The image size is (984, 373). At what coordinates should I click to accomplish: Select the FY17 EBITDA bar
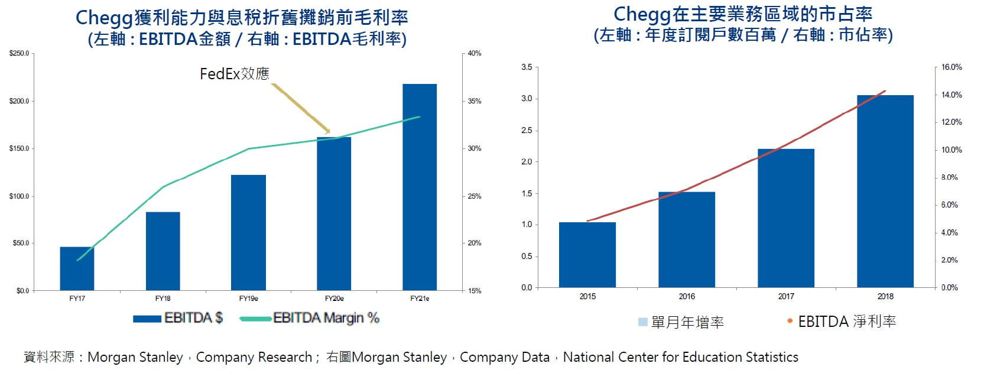tap(77, 268)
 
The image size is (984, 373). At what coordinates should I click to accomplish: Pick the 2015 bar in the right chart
tap(587, 255)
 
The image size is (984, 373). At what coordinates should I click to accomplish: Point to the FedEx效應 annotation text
tap(235, 74)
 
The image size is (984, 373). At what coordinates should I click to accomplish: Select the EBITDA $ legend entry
tap(178, 318)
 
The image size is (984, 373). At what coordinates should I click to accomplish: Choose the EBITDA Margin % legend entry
tap(310, 318)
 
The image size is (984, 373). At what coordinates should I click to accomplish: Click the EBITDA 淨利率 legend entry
tap(842, 322)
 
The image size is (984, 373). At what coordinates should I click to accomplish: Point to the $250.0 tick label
tap(19, 54)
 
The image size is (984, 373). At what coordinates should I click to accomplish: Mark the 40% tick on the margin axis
tap(475, 54)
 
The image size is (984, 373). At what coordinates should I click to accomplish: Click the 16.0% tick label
tap(951, 67)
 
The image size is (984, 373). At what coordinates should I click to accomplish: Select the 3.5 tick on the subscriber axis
tap(527, 67)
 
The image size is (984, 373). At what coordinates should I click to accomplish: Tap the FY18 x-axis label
tap(163, 299)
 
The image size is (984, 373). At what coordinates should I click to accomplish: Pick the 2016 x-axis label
tap(687, 296)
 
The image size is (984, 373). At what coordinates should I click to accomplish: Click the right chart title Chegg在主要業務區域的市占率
tap(743, 14)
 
